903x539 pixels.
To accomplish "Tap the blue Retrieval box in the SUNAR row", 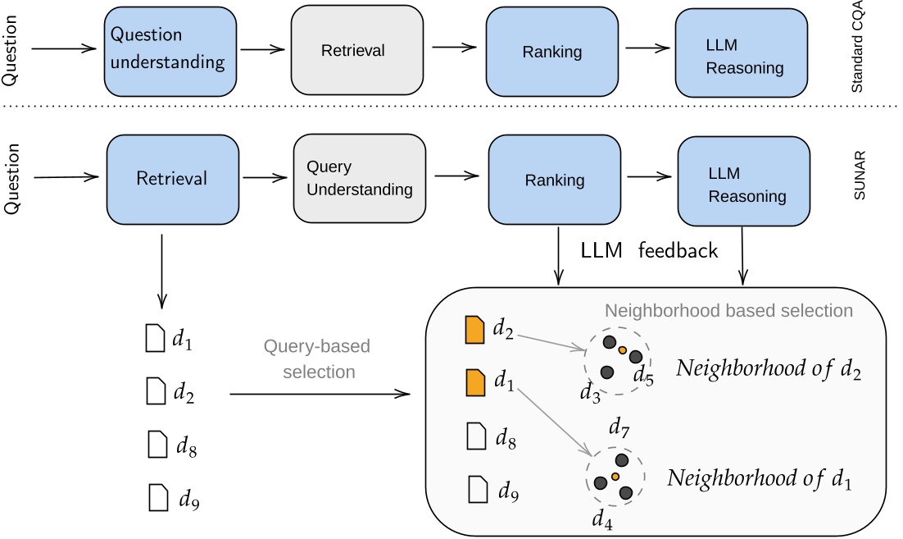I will click(x=172, y=178).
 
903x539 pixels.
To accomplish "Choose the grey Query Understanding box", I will click(x=360, y=178).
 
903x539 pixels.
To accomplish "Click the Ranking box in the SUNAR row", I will click(x=554, y=180).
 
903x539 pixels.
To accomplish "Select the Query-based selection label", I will click(x=319, y=359).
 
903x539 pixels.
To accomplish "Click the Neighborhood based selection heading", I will click(x=728, y=311).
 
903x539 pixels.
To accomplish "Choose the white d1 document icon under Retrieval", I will click(x=154, y=338).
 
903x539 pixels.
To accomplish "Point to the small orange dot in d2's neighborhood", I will click(x=623, y=350).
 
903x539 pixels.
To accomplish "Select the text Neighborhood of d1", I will click(x=759, y=478).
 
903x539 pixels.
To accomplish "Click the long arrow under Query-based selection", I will click(x=320, y=395).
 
